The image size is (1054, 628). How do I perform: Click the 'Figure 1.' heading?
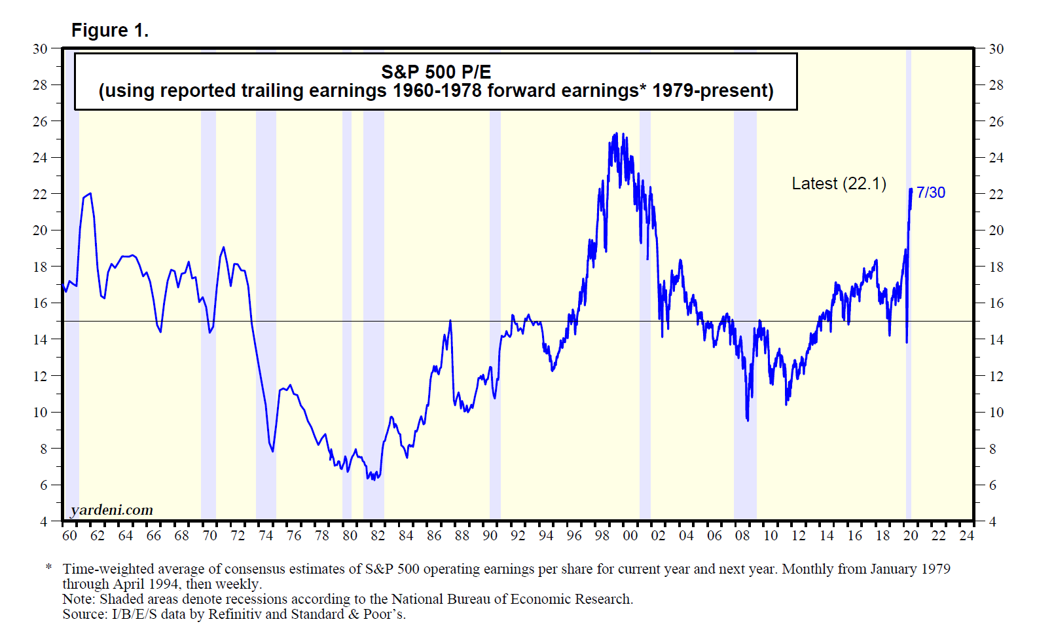click(x=109, y=30)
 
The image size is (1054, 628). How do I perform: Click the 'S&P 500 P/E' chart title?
click(x=435, y=72)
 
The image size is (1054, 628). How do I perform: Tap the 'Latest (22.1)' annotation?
click(x=839, y=183)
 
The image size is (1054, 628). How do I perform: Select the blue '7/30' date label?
click(x=930, y=193)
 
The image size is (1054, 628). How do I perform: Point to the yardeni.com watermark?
click(x=111, y=510)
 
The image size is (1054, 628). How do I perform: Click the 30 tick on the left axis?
click(x=40, y=48)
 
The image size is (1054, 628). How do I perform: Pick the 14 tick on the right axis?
click(x=996, y=339)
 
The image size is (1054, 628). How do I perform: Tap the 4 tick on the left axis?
click(x=44, y=522)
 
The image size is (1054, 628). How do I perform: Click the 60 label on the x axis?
click(x=69, y=536)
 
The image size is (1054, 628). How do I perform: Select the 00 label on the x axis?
click(x=630, y=536)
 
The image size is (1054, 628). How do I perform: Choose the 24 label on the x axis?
click(x=966, y=536)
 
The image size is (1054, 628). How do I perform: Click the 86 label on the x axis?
click(x=434, y=536)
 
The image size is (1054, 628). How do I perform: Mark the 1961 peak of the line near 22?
click(x=90, y=194)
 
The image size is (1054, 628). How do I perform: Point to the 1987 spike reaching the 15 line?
click(x=450, y=321)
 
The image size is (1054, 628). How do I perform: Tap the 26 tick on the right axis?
click(x=996, y=122)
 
